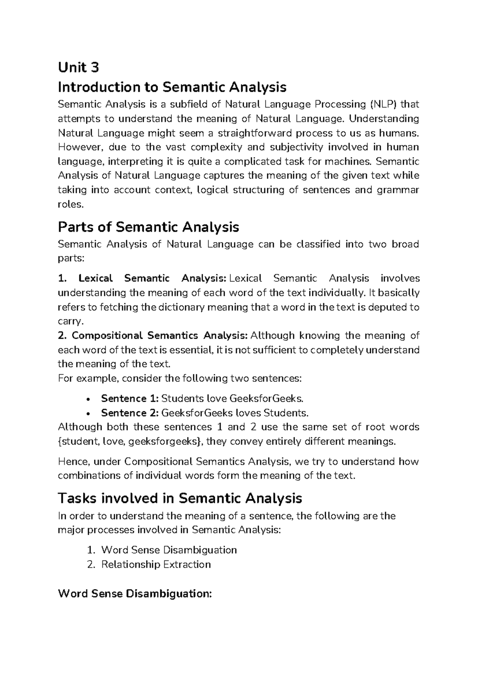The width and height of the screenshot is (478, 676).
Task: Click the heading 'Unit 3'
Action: [x=78, y=68]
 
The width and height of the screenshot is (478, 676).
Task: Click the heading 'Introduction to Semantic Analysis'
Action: [x=172, y=87]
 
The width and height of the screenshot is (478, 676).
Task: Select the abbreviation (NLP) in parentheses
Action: [x=383, y=105]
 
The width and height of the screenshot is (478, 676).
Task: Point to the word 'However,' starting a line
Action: [x=77, y=147]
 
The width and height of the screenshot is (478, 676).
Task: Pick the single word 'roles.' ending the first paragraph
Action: [x=71, y=204]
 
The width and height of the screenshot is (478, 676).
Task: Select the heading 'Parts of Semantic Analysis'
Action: [x=148, y=227]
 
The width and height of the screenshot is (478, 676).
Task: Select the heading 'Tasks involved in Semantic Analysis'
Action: [x=180, y=498]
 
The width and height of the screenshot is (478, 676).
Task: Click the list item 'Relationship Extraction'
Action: [x=156, y=564]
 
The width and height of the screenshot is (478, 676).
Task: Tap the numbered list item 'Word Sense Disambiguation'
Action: [x=169, y=550]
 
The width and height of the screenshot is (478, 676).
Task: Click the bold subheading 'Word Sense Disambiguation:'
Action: [x=135, y=594]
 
